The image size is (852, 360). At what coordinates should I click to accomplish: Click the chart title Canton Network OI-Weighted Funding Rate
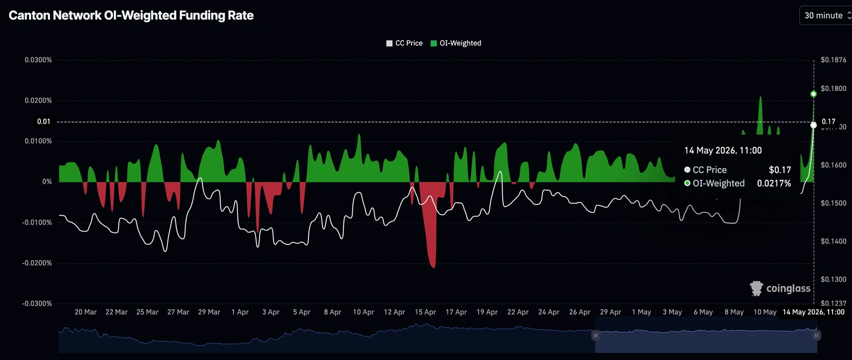pos(131,15)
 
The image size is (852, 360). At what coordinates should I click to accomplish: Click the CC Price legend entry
pos(404,43)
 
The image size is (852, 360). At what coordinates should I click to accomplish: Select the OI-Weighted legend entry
pos(455,43)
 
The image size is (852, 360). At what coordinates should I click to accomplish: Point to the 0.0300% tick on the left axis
pos(38,60)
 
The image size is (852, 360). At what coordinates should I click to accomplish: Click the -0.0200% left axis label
pos(37,263)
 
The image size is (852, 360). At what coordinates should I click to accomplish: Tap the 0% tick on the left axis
pos(47,182)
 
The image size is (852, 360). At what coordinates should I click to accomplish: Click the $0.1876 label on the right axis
pos(833,60)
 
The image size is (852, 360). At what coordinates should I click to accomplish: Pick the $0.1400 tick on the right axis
pos(833,241)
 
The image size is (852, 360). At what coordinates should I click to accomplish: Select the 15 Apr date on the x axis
pos(425,312)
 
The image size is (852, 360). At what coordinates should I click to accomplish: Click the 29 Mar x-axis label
pos(209,312)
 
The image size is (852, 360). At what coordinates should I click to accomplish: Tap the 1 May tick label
pos(642,312)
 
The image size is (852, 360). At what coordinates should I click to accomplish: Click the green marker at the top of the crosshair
pos(813,94)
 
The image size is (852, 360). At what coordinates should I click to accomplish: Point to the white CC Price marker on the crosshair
pos(813,125)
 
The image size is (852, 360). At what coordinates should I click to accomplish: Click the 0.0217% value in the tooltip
pos(774,184)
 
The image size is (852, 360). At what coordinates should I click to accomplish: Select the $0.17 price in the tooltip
pos(780,170)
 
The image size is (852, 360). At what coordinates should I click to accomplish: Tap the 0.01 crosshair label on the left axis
pos(44,122)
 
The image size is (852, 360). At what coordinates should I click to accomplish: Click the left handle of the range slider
pos(596,335)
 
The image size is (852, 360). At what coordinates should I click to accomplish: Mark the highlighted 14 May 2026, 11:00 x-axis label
pos(814,312)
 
